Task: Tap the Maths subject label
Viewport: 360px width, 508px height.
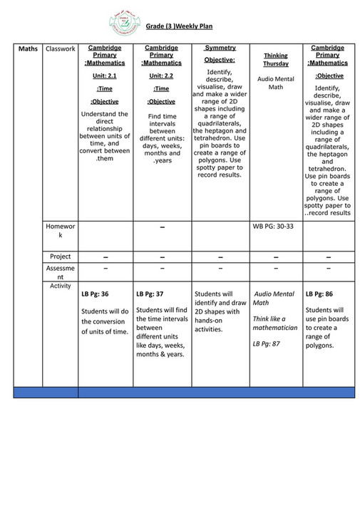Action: (x=28, y=49)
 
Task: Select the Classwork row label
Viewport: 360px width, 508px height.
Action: (x=60, y=49)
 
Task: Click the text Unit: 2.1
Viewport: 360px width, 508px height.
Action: (x=104, y=75)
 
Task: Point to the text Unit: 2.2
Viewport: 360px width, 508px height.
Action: (x=162, y=75)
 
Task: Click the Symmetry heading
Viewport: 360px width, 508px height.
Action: (x=220, y=48)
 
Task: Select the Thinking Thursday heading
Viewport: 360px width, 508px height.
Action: (x=275, y=59)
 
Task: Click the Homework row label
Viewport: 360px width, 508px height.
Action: (x=60, y=230)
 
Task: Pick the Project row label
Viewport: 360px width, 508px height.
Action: (x=60, y=256)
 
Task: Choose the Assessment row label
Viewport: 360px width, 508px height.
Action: (x=60, y=272)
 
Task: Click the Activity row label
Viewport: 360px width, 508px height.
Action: (x=60, y=286)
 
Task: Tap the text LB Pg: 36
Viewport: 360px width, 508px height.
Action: (x=95, y=294)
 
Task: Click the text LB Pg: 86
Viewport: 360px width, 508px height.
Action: (x=319, y=294)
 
